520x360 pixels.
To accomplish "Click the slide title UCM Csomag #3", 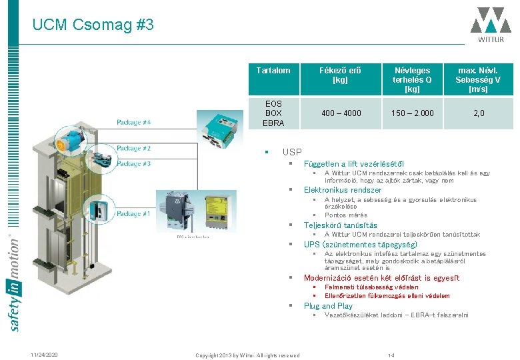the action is (93, 25).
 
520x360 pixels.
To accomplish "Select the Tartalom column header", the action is (273, 70).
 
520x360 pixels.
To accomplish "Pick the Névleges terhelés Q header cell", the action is (412, 79).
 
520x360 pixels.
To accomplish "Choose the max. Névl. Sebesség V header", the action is (478, 79).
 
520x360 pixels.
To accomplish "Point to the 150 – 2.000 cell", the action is (412, 113).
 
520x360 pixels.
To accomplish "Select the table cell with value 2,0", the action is (478, 113).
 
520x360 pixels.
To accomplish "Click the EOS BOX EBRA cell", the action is (273, 113).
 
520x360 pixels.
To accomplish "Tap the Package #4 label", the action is (133, 122).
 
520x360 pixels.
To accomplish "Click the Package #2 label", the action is (133, 149).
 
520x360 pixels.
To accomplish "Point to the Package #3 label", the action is (133, 163).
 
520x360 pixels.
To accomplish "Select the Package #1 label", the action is (133, 214).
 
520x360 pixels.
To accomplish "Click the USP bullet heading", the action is (292, 152).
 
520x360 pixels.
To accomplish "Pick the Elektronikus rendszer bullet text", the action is (343, 190).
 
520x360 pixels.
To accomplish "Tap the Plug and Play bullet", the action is (328, 306).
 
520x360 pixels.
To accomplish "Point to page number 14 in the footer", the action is (391, 355).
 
